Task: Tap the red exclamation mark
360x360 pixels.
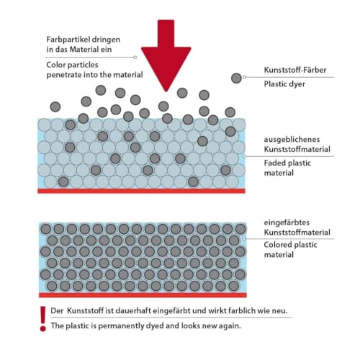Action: point(43,319)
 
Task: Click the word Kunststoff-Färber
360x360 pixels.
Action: point(295,70)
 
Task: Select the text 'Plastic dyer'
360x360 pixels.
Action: point(284,84)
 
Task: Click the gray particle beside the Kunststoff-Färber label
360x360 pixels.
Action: point(236,78)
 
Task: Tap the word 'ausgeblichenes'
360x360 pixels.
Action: point(292,140)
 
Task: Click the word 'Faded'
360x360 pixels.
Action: point(274,163)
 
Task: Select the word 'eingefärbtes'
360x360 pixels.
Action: point(287,222)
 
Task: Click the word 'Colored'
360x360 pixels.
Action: point(278,245)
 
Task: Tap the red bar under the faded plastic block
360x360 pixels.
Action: point(141,191)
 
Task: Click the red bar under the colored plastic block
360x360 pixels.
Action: point(143,295)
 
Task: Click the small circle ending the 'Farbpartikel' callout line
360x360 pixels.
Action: point(135,58)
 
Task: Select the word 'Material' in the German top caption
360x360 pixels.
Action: point(84,50)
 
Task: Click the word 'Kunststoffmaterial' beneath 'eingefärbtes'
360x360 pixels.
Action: point(297,233)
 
